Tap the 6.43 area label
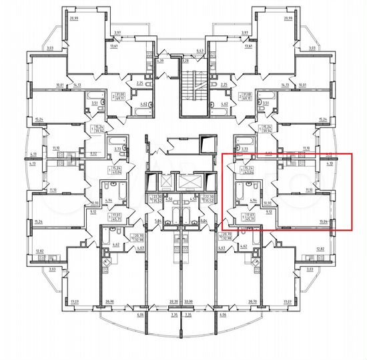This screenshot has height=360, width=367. click(200, 51)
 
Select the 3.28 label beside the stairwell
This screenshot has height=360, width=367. click(186, 61)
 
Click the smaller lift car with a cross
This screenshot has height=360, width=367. click(163, 181)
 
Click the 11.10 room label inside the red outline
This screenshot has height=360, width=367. click(308, 190)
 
